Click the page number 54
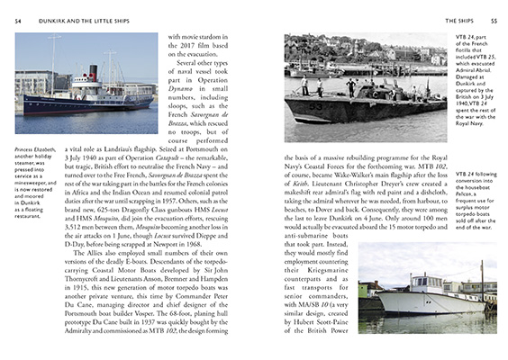coord(17,19)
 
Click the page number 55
coord(490,19)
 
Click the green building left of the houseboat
coord(370,287)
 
